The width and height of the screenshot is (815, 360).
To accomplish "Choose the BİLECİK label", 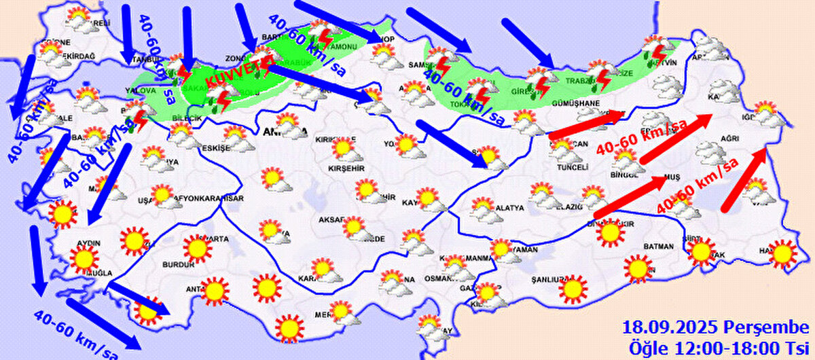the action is click(187, 119).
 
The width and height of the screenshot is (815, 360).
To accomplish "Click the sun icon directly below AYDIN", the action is click(85, 259).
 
